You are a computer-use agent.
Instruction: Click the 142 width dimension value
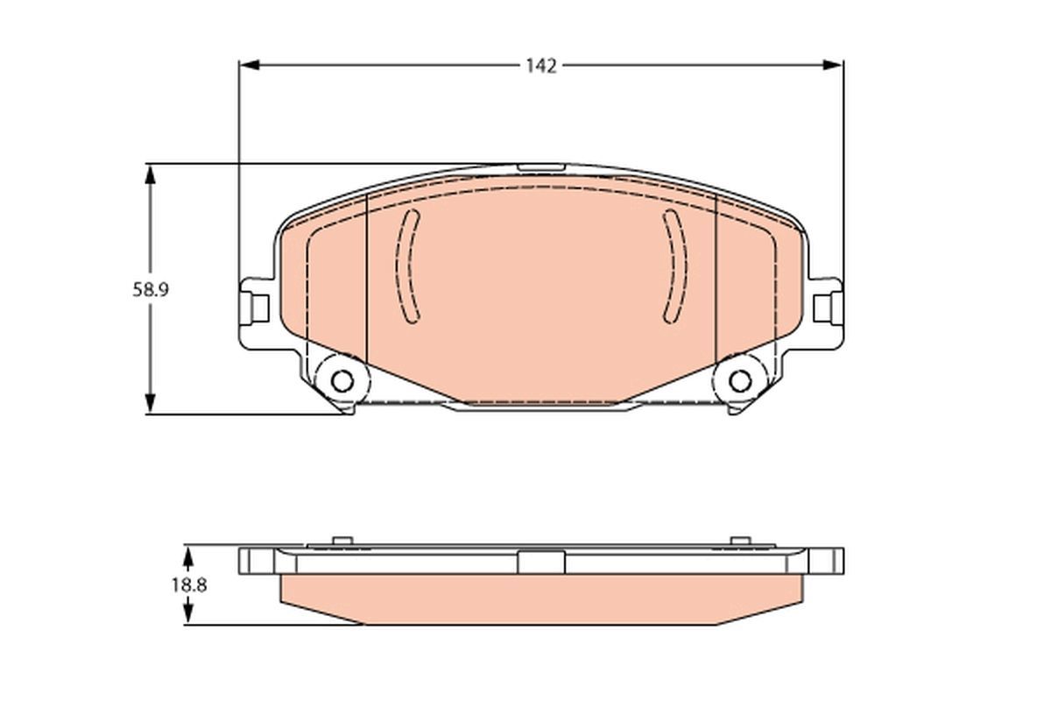click(541, 67)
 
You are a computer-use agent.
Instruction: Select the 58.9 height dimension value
click(150, 290)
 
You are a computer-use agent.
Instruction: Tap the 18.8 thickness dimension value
click(188, 585)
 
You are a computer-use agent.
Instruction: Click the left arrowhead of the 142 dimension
click(249, 65)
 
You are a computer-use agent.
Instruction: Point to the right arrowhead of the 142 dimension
click(833, 65)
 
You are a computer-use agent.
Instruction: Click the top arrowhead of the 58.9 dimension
click(150, 175)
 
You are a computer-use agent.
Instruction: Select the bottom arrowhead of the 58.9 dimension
click(150, 403)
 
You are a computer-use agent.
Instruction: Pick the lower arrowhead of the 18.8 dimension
click(187, 613)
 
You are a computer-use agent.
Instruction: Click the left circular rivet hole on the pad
click(342, 381)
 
